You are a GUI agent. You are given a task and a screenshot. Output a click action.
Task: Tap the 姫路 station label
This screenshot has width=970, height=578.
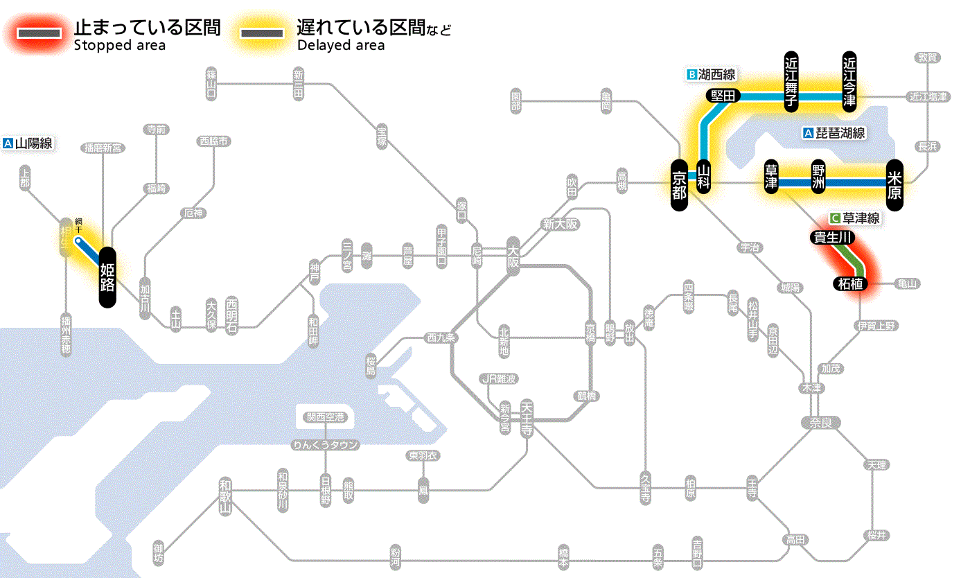coord(108,277)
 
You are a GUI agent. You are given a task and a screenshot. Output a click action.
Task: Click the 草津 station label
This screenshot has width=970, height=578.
coord(770,177)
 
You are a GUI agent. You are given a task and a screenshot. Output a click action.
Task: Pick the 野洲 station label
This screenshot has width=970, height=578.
coord(819,177)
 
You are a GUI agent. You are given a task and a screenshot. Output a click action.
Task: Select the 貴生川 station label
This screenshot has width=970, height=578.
coord(832,238)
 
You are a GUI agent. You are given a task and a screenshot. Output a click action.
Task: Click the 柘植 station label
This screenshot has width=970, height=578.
coord(851,283)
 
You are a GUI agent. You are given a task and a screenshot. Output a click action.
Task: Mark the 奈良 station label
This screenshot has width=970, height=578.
coord(820,422)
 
